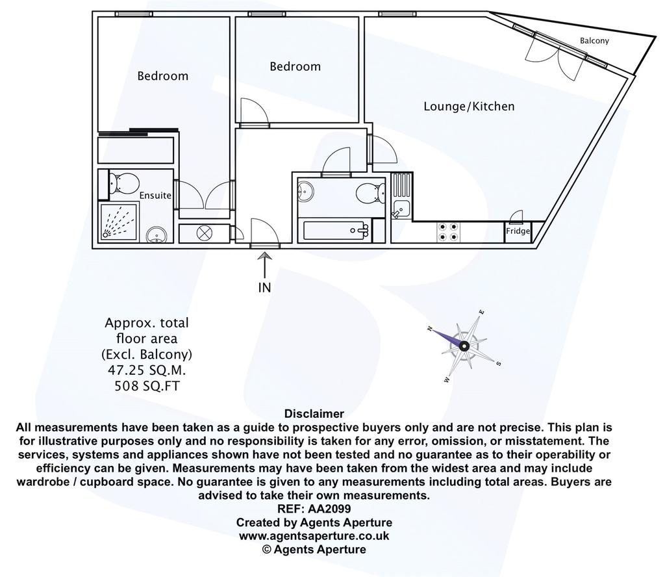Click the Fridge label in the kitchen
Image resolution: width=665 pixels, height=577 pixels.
pos(518,231)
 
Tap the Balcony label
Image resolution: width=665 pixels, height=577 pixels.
pos(594,41)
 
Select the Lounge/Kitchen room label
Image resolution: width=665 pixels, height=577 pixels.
pos(469,106)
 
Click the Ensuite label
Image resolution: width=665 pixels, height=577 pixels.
pos(155,196)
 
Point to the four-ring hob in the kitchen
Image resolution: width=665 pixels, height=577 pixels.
pos(447,232)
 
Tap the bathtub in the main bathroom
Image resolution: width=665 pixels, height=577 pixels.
pos(337,231)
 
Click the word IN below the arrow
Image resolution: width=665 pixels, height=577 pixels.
pos(265,288)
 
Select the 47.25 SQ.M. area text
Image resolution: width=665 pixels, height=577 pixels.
pos(147,370)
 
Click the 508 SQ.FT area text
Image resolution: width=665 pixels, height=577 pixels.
pos(147,386)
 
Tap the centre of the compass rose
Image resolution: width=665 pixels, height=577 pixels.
pos(464,346)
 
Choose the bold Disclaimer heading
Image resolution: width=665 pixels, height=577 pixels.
pos(314,414)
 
